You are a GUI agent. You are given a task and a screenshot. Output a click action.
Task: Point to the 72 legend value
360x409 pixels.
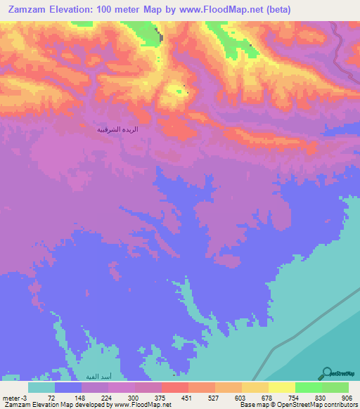tap(51, 397)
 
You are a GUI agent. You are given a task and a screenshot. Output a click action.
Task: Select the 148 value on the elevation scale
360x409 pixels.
tap(79, 397)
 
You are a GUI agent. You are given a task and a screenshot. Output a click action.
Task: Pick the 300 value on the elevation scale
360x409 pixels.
tap(131, 397)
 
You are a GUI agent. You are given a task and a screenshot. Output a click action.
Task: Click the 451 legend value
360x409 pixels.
tap(186, 397)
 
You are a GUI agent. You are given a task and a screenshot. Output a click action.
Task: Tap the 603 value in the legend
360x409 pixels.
tap(239, 397)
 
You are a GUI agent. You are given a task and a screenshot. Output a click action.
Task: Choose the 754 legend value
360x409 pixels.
tap(292, 397)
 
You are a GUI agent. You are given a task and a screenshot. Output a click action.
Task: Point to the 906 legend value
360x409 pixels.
tap(345, 397)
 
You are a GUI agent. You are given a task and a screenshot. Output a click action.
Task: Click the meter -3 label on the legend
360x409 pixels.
tap(13, 397)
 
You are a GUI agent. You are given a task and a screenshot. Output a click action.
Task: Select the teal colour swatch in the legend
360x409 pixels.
tap(41, 387)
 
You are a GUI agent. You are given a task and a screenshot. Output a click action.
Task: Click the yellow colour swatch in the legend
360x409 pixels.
tap(281, 387)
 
